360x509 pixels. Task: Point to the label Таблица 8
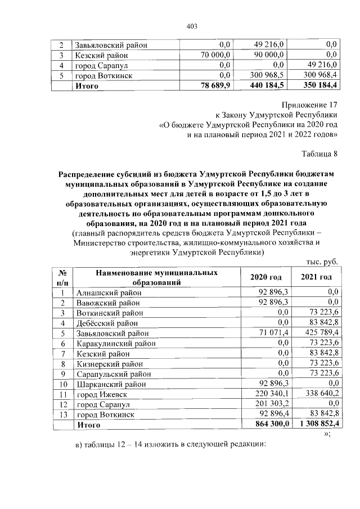319,153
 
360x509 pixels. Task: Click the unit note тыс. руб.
322,262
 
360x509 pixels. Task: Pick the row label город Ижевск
101,394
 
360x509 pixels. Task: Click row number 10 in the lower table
64,384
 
